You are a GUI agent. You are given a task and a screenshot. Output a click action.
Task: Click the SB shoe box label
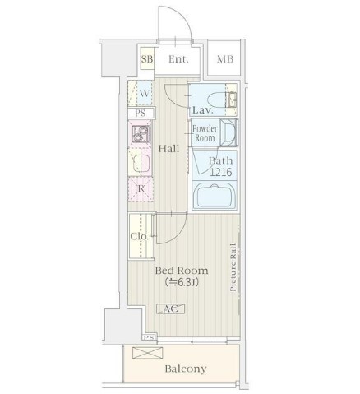tap(147, 59)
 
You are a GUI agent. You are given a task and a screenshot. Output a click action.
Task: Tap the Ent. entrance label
tap(178, 59)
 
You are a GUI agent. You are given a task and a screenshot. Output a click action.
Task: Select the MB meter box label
tap(225, 59)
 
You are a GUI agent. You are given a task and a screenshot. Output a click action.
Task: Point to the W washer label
tap(145, 94)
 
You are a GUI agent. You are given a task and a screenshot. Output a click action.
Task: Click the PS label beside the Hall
tap(141, 113)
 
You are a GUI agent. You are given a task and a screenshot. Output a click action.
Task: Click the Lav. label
tap(203, 110)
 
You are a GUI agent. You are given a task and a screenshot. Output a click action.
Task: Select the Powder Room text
tap(205, 133)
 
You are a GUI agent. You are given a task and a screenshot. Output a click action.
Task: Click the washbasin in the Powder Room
tap(228, 132)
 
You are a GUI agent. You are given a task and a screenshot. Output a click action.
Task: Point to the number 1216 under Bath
tap(221, 172)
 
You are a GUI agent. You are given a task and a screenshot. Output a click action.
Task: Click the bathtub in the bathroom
tap(215, 196)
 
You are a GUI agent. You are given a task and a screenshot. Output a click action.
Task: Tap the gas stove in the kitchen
tap(141, 134)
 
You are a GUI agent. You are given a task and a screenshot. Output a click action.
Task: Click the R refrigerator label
tap(141, 188)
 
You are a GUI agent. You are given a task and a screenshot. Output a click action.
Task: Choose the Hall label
tap(169, 149)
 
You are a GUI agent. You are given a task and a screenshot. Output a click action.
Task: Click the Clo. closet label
tap(140, 236)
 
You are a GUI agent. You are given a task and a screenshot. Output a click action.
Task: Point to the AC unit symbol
tap(170, 308)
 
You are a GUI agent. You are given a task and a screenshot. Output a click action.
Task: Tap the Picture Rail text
tap(233, 267)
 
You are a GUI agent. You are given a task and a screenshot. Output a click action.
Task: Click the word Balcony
tap(186, 369)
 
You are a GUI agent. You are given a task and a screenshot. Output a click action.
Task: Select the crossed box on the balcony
tap(148, 353)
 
